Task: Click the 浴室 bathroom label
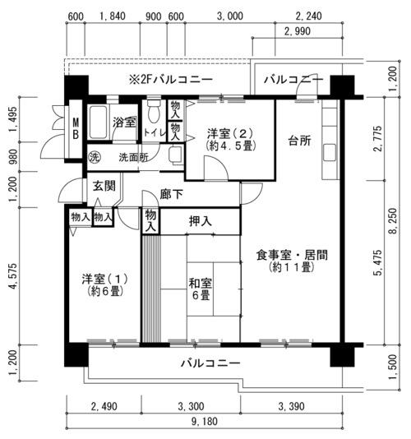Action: tap(124, 122)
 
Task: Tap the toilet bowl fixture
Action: tap(153, 110)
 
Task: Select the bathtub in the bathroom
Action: tap(98, 122)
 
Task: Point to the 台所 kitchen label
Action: tap(299, 141)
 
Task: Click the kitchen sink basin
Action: tap(330, 153)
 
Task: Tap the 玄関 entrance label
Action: tap(104, 186)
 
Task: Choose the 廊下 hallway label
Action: tap(171, 194)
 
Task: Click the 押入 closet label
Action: tap(201, 221)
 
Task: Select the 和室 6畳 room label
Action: tap(201, 289)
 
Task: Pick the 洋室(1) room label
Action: tap(105, 285)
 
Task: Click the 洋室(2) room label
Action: tap(230, 139)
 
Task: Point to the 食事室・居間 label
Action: tap(292, 261)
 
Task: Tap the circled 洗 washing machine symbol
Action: tap(94, 158)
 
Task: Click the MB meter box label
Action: tap(76, 129)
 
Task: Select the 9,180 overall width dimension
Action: tap(205, 422)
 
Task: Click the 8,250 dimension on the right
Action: tap(393, 221)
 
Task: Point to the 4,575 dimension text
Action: tap(13, 276)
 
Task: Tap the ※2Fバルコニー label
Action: tap(170, 80)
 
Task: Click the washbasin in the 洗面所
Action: tap(176, 155)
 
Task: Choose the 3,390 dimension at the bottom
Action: tap(291, 406)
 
